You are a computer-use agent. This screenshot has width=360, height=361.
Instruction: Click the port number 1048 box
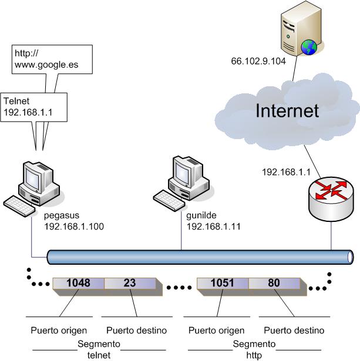(78, 283)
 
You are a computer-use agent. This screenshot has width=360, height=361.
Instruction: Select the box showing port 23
(130, 283)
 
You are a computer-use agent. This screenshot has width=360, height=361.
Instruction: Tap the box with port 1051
(223, 283)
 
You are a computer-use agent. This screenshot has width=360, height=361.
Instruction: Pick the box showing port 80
(275, 283)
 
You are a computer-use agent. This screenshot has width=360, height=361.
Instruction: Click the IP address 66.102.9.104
(258, 60)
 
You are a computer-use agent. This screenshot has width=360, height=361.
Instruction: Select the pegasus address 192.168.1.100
(73, 226)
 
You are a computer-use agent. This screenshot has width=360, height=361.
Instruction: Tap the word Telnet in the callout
(18, 100)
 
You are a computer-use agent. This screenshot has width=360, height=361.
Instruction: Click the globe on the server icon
(309, 46)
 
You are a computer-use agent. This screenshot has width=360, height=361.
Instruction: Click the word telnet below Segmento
(99, 355)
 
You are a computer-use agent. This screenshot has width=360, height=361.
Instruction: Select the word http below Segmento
(254, 355)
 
